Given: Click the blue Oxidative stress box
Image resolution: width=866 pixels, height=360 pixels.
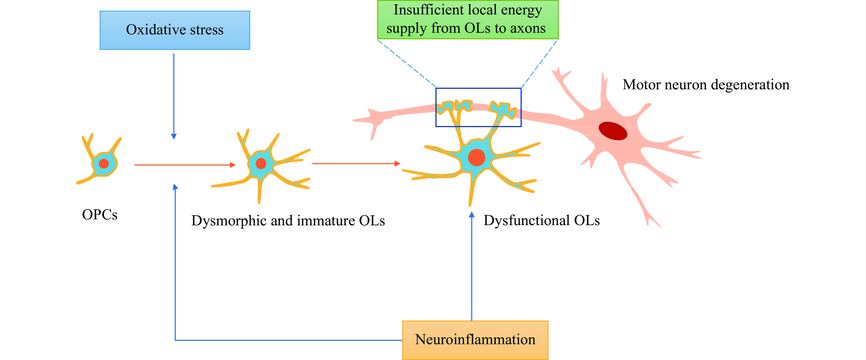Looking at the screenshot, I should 175,30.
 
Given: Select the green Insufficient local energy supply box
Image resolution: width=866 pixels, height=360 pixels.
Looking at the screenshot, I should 467,19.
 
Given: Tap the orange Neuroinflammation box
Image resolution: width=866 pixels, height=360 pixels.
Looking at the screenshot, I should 475,340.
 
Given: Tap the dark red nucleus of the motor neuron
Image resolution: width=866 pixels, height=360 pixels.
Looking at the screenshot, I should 613,131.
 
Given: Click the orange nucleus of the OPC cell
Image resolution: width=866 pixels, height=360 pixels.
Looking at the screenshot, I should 104,164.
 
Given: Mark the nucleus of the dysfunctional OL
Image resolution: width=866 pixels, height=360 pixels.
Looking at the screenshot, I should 476,157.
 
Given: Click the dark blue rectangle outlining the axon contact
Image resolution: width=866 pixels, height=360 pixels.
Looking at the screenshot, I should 436,108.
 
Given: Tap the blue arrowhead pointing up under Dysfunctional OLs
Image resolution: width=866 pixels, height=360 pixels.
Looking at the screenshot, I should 472,214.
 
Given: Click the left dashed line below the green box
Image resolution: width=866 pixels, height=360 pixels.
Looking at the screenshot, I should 407,63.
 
